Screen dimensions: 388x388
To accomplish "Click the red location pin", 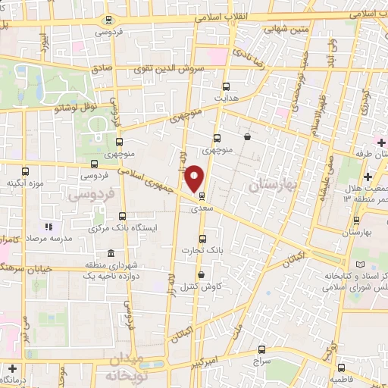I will (195, 178).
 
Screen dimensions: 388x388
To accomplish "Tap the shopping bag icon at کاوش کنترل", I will (201, 274).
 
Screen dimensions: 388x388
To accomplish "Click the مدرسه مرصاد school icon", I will (47, 226).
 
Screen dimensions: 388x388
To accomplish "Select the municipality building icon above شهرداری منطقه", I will (111, 252).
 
